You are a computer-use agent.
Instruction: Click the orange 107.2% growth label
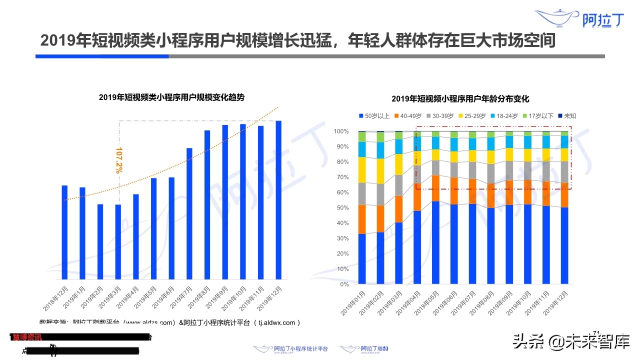119,160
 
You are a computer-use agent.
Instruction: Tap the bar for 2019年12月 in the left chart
278,200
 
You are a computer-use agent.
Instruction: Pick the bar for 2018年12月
64,232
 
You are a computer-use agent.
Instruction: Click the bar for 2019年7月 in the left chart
189,213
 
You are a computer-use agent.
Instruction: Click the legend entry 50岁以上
374,116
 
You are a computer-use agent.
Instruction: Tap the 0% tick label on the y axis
344,284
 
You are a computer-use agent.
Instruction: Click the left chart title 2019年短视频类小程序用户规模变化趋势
171,97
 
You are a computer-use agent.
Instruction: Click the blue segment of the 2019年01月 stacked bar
362,258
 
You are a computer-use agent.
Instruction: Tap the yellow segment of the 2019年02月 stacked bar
380,171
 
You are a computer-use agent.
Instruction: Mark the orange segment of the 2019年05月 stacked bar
435,188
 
